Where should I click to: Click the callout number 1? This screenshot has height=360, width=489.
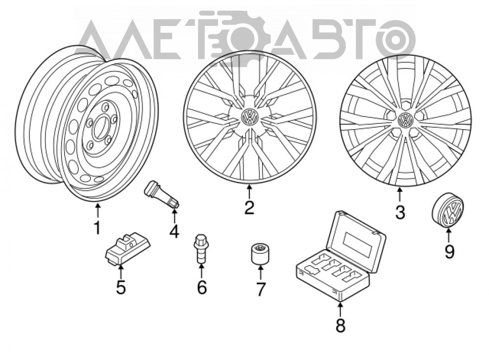pyautogui.click(x=97, y=228)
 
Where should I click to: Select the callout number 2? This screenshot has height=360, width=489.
pyautogui.click(x=249, y=207)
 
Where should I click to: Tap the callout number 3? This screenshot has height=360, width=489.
pyautogui.click(x=400, y=212)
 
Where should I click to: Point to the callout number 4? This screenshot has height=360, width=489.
pyautogui.click(x=175, y=231)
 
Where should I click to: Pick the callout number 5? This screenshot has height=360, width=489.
pyautogui.click(x=121, y=287)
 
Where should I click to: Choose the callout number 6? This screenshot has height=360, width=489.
pyautogui.click(x=202, y=287)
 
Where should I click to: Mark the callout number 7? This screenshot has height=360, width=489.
pyautogui.click(x=260, y=289)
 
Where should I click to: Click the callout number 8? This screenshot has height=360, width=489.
pyautogui.click(x=340, y=325)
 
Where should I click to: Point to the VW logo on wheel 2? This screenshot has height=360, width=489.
pyautogui.click(x=250, y=117)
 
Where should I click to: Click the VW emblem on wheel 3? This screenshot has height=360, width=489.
pyautogui.click(x=405, y=120)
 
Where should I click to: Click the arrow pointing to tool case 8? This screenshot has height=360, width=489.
pyautogui.click(x=340, y=309)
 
